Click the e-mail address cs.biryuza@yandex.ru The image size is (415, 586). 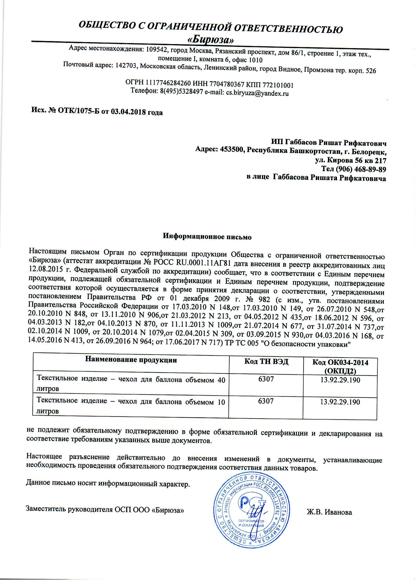257,93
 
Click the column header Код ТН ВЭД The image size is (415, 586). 266,362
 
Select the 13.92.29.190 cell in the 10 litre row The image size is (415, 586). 340,402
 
